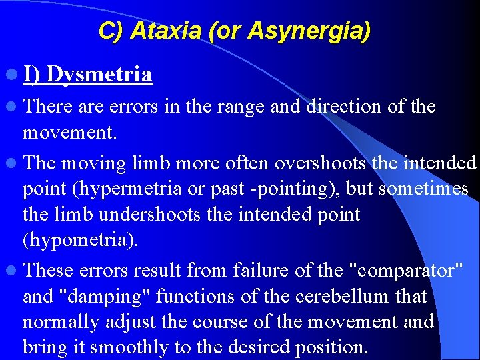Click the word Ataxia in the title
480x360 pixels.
point(158,31)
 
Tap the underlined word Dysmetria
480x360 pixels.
point(99,74)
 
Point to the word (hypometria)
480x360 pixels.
point(81,241)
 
